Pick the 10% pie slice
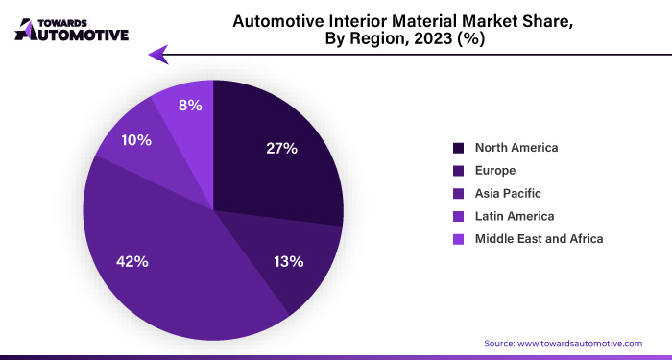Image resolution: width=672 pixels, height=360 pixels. (x=134, y=144)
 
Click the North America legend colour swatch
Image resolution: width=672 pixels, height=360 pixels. (x=459, y=148)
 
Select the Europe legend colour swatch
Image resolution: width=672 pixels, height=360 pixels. (x=459, y=171)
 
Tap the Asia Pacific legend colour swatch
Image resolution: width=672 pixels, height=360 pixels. (x=459, y=193)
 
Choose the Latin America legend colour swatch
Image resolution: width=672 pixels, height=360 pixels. (x=459, y=216)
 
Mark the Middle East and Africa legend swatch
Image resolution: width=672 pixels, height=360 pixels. (x=459, y=238)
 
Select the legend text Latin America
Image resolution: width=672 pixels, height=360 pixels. (x=515, y=216)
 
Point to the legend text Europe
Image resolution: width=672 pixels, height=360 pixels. (x=496, y=171)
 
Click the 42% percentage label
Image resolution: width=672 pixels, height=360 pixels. (x=133, y=261)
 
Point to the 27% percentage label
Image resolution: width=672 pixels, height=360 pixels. (x=282, y=149)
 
